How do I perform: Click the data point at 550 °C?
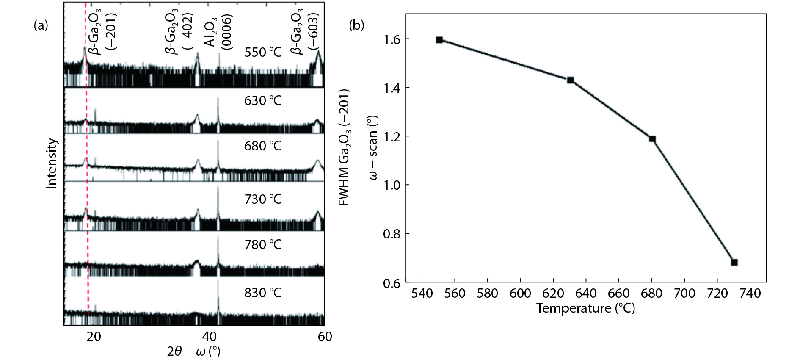439,40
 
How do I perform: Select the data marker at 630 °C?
571,80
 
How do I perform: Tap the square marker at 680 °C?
652,139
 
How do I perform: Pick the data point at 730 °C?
734,262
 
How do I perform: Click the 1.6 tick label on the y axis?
392,39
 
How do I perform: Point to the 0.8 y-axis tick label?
392,234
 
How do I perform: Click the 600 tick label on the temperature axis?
520,293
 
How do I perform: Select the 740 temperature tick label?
750,293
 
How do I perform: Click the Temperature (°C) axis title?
585,308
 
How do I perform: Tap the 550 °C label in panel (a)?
262,53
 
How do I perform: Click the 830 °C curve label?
262,293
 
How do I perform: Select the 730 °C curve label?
262,199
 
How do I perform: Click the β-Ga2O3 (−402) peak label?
179,32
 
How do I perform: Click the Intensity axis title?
52,163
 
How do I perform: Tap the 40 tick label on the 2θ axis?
209,337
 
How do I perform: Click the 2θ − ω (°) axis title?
193,352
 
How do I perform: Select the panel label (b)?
356,25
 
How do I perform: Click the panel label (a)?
41,25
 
